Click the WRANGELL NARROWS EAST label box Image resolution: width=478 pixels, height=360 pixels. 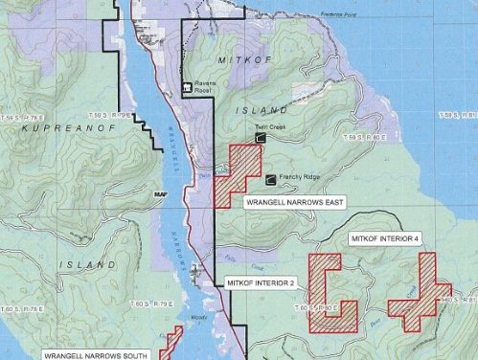pyautogui.click(x=293, y=203)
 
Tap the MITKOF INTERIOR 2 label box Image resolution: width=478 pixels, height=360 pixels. pyautogui.click(x=261, y=284)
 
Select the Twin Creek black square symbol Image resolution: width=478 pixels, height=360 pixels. pyautogui.click(x=260, y=139)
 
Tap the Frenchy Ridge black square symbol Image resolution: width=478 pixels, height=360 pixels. pyautogui.click(x=270, y=177)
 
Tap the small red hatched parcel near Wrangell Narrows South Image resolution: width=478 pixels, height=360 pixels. pyautogui.click(x=171, y=340)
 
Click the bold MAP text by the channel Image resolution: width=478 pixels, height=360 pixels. pyautogui.click(x=160, y=194)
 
